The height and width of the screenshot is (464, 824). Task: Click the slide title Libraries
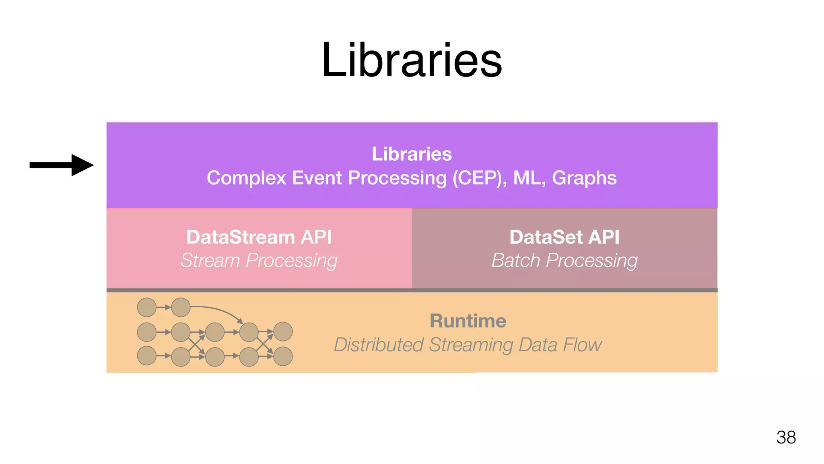412,61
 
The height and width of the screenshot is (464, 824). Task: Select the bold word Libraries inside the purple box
412,154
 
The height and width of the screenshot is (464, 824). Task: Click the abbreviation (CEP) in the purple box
479,178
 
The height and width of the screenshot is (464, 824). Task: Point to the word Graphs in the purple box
584,178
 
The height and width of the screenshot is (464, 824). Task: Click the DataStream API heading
259,237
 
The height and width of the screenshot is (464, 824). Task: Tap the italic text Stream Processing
259,260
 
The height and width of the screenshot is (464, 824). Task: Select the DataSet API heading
564,237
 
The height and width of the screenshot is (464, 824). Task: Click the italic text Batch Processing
564,260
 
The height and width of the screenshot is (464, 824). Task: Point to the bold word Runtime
468,321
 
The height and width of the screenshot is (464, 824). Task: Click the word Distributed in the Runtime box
379,345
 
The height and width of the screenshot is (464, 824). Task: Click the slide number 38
786,437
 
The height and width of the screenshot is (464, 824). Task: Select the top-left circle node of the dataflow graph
147,307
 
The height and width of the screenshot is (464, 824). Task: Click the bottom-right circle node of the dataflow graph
283,356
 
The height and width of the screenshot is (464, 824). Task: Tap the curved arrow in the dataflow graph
219,310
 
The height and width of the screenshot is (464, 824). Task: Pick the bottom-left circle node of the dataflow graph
147,356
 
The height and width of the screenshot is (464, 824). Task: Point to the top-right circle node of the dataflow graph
283,331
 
